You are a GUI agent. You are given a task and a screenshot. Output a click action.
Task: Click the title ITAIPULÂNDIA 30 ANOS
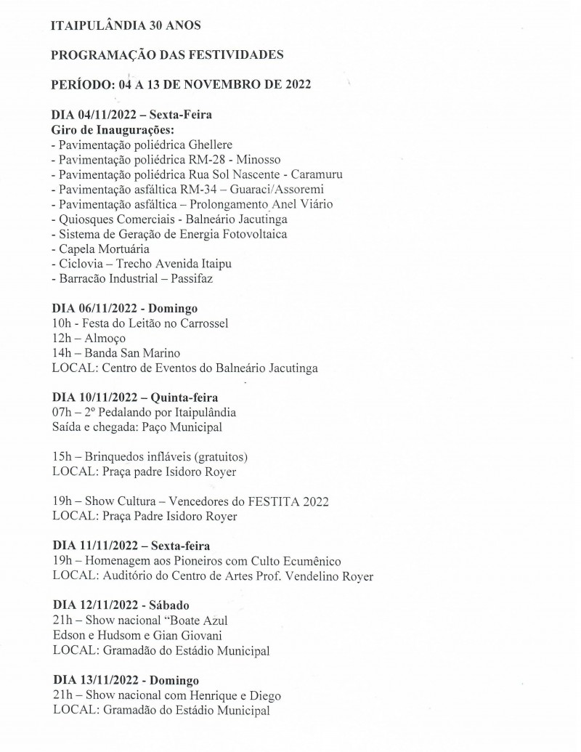pyautogui.click(x=126, y=25)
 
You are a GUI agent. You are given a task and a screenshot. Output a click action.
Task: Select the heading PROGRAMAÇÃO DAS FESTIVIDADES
pyautogui.click(x=167, y=55)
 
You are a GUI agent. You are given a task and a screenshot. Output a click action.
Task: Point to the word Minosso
pyautogui.click(x=259, y=159)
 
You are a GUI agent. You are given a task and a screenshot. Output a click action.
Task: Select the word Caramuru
pyautogui.click(x=313, y=174)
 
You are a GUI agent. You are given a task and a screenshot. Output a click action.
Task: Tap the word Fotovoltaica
pyautogui.click(x=254, y=234)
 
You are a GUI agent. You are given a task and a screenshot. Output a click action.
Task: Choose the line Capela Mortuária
pyautogui.click(x=106, y=248)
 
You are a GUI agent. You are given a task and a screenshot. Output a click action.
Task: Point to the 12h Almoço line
pyautogui.click(x=89, y=339)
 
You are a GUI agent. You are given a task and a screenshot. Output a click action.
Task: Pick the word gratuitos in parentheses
pyautogui.click(x=218, y=457)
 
